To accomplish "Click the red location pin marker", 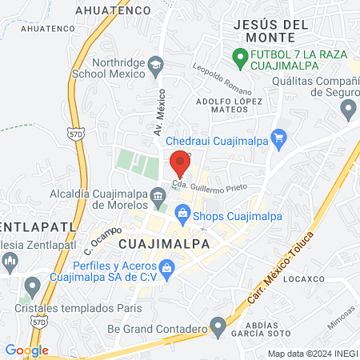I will (180, 163).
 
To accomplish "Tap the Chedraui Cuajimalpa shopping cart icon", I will (278, 140).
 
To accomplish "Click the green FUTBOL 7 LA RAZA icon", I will (238, 57).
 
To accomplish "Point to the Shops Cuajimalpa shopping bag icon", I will (182, 213).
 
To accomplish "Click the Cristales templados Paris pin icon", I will (33, 286).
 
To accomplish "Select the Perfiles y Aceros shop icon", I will (166, 268).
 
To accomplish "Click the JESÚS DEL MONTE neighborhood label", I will (270, 30).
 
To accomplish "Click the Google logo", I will (26, 350).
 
